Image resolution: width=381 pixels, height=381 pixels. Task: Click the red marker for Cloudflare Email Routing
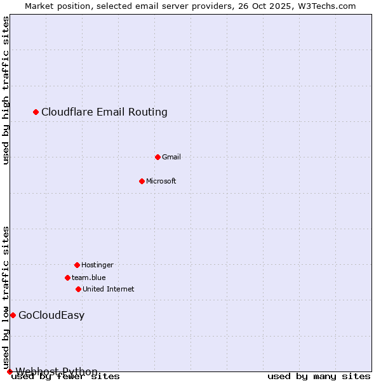tap(36, 112)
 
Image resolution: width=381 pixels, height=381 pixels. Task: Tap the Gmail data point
tap(158, 157)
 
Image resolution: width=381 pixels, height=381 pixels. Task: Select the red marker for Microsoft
tap(142, 181)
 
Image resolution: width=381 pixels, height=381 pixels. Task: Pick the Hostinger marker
tap(77, 265)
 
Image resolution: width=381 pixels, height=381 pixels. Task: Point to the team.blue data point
tap(67, 277)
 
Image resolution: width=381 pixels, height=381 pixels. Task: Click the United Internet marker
tap(78, 289)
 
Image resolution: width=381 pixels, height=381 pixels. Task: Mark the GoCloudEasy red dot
tap(13, 316)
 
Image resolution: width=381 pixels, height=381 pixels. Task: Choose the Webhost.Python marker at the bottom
tap(10, 371)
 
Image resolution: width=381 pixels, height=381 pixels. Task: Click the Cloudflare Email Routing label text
tap(104, 112)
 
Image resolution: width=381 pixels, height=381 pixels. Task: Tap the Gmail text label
tap(171, 157)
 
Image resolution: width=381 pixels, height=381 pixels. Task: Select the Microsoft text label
tap(161, 181)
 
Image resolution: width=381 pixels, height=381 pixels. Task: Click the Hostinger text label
tap(97, 265)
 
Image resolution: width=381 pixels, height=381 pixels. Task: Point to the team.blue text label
tap(89, 277)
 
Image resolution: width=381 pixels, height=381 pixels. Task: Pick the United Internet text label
tap(109, 289)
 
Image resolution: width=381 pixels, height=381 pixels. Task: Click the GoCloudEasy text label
tap(51, 316)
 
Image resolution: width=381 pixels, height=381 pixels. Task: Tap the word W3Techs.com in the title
tap(328, 6)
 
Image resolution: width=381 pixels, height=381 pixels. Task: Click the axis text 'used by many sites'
tap(319, 377)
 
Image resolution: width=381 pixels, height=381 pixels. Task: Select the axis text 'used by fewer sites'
tap(65, 377)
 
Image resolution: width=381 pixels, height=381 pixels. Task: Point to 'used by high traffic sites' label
tap(6, 90)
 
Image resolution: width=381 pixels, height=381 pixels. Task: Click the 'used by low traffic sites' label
tap(6, 297)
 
